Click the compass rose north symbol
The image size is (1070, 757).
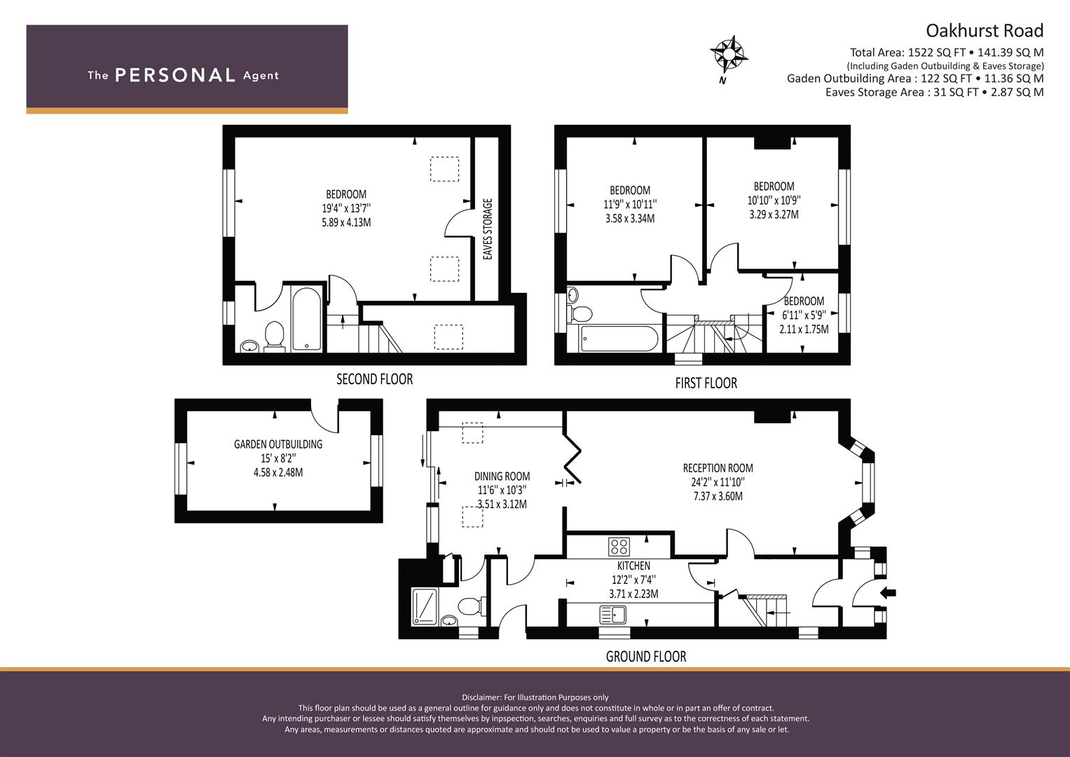click(729, 55)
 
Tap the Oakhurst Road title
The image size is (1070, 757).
click(985, 31)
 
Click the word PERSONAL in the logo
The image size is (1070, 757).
click(175, 75)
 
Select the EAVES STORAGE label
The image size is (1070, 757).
click(487, 229)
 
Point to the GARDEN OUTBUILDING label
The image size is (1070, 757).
click(278, 444)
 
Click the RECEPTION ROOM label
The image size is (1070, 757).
click(718, 468)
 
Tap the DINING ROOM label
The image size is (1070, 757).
click(502, 476)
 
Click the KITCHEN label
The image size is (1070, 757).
click(633, 566)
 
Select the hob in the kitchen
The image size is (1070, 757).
click(619, 547)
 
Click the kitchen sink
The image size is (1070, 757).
click(613, 615)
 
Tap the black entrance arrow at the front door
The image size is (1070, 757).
click(888, 593)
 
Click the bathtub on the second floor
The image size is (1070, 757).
click(306, 319)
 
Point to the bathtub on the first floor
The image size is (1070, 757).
click(619, 339)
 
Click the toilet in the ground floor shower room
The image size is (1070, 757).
click(471, 606)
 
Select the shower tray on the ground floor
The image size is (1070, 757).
click(424, 606)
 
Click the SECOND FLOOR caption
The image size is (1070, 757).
click(374, 379)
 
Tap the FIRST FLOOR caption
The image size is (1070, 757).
click(706, 383)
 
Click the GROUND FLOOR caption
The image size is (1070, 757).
click(646, 657)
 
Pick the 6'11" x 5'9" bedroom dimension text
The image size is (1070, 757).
click(804, 315)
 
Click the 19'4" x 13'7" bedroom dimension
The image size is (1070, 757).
click(346, 208)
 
